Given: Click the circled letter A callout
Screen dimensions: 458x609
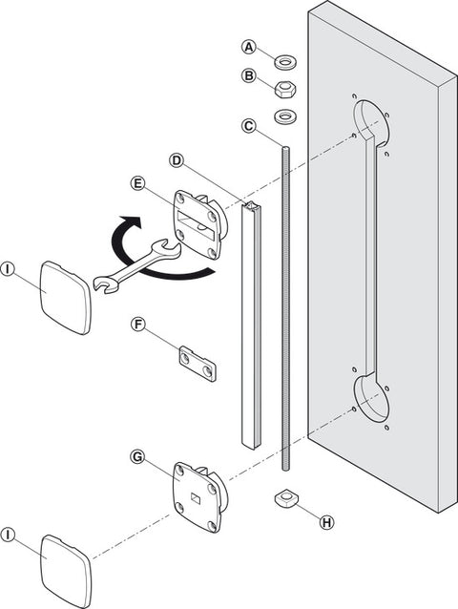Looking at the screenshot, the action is (249, 47).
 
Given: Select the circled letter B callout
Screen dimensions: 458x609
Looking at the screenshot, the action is (249, 75).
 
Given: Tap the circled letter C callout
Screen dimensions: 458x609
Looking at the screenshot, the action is (249, 126).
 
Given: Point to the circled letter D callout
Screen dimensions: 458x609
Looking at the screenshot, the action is (177, 160).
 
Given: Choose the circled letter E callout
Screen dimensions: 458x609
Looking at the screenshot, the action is (137, 183).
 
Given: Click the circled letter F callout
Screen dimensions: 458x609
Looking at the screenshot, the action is (137, 324).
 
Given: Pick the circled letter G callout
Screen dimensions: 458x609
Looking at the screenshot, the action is (137, 456).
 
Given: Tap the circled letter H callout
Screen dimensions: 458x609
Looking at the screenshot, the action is (326, 522).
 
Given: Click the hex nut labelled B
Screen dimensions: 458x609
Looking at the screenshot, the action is (285, 90).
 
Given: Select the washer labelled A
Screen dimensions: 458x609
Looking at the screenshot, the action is (285, 62).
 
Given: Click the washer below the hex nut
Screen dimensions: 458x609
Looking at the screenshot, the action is (285, 116).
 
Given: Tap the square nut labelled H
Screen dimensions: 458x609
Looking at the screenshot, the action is (285, 498).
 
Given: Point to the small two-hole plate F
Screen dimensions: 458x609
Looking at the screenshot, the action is (198, 365).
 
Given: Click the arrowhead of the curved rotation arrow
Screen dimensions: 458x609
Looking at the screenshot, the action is (131, 223).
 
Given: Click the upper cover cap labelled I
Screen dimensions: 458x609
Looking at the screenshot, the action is (66, 298).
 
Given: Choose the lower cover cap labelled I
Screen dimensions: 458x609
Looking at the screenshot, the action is (66, 572).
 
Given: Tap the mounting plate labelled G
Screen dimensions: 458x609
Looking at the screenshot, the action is (198, 496).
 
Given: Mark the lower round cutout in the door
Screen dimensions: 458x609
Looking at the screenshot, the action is (371, 397).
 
